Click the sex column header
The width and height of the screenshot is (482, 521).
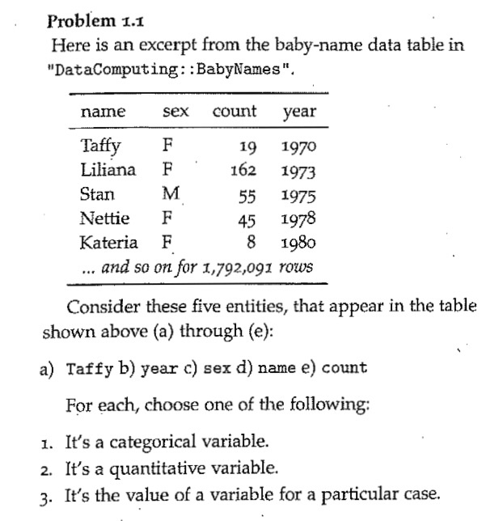click(x=175, y=111)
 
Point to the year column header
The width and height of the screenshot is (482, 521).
click(x=299, y=111)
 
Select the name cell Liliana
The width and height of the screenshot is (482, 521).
click(x=108, y=171)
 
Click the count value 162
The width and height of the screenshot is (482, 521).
click(x=243, y=172)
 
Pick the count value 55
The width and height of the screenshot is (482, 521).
click(x=247, y=195)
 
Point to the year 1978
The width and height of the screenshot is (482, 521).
click(x=298, y=218)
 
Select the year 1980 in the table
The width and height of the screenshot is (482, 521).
click(x=298, y=242)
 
